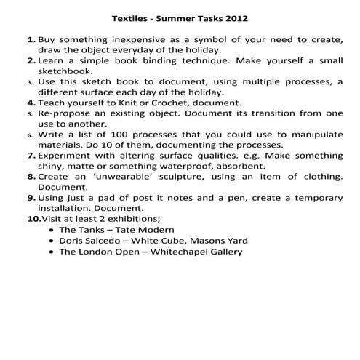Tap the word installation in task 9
(x=66, y=209)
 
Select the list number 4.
(x=31, y=103)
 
